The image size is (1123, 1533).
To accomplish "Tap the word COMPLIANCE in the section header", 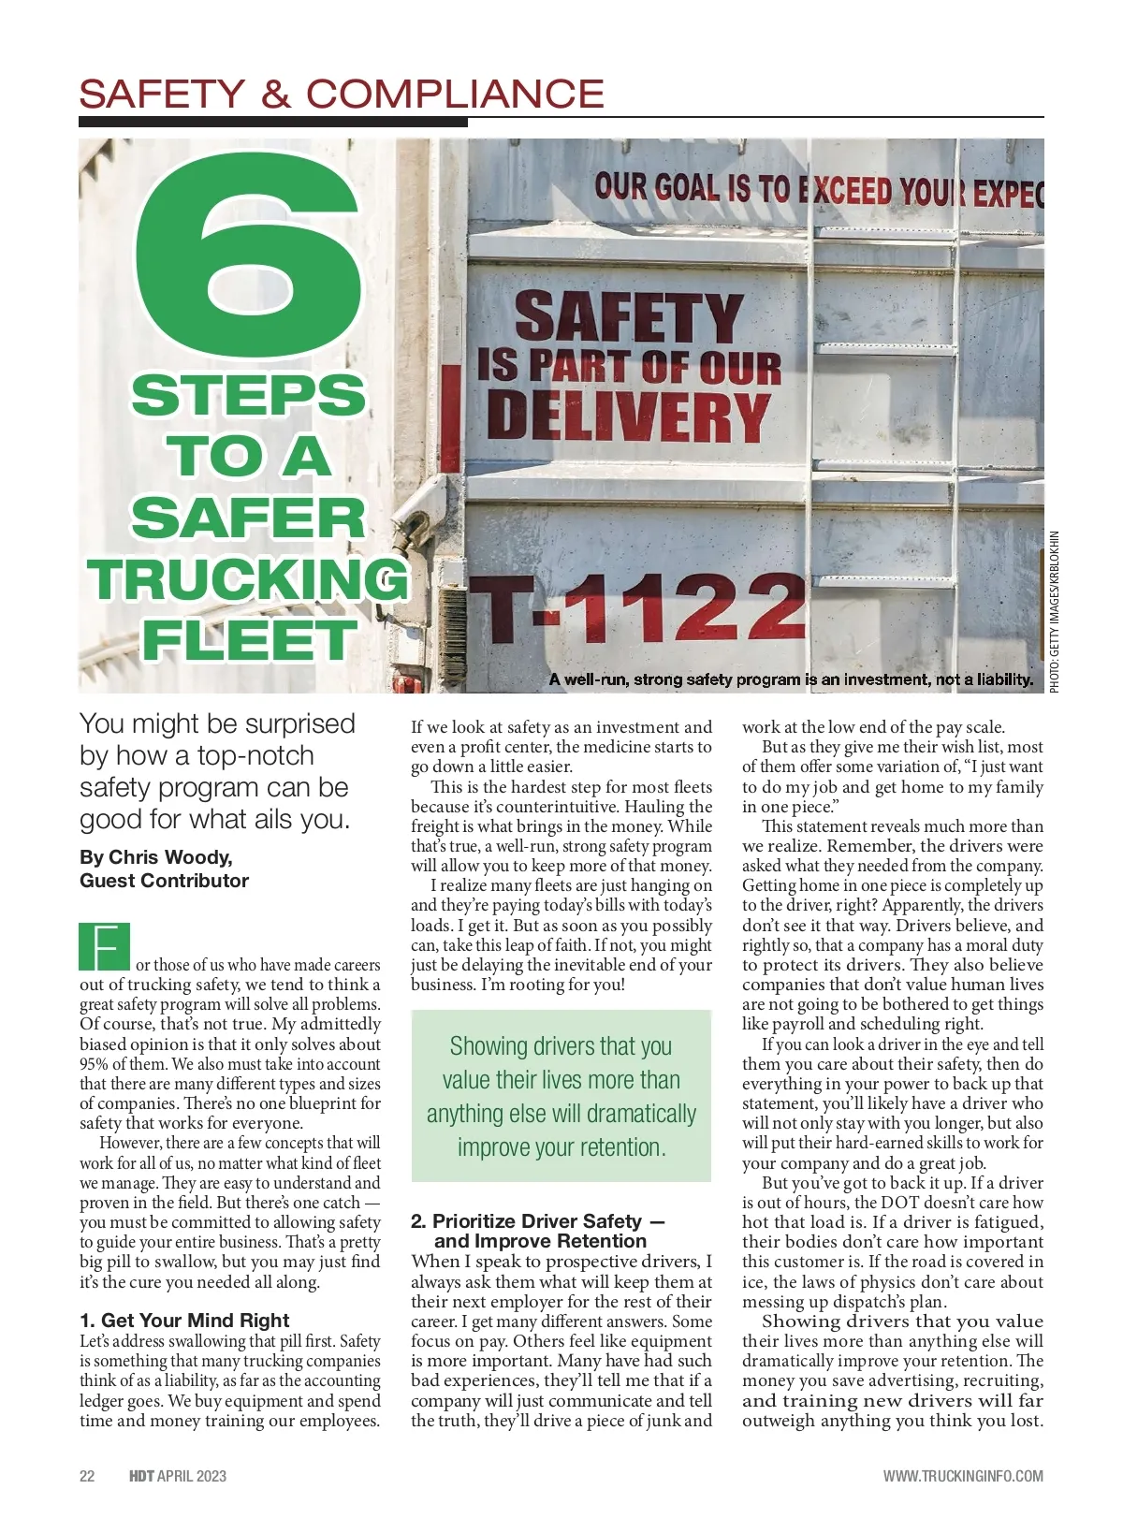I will (455, 94).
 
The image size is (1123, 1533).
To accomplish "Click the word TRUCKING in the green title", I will (248, 579).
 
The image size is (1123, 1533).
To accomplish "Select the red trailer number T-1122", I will (636, 607).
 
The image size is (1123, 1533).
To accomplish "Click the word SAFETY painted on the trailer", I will (628, 317).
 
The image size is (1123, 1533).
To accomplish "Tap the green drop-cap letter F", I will (105, 947).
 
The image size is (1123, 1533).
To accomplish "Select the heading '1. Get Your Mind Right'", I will (184, 1321).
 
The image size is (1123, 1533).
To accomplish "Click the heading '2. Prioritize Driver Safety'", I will (537, 1221).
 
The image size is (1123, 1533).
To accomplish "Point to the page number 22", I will (87, 1476).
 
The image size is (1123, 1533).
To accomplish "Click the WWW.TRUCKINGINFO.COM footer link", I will (963, 1476).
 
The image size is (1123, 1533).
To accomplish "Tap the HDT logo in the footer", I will (141, 1476).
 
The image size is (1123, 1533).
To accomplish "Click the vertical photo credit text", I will (1055, 612).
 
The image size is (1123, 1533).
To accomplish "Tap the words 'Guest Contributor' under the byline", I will (165, 881).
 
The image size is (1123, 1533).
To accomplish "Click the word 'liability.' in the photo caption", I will (1002, 679).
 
